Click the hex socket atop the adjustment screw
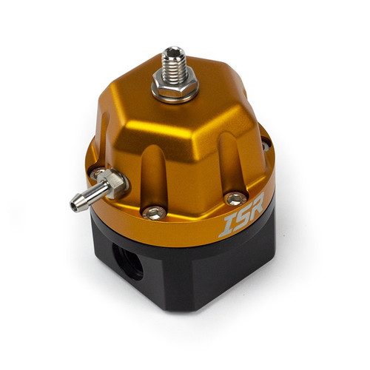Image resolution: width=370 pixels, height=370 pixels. point(175,52)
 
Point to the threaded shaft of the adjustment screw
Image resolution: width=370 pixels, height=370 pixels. point(175,67)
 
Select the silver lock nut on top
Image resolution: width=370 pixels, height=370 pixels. point(175,84)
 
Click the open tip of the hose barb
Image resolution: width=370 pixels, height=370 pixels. point(75,205)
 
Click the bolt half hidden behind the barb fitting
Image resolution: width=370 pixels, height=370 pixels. point(98,175)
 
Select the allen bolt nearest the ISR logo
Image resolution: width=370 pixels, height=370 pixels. point(236,198)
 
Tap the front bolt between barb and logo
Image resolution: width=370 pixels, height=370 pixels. point(154,212)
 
